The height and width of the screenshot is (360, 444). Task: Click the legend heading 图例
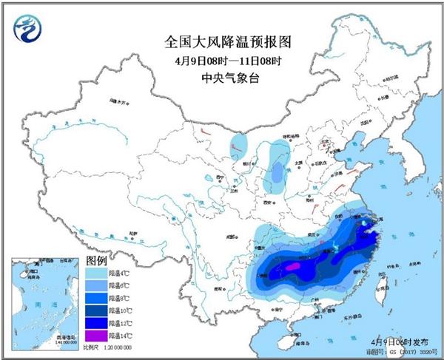[97, 260]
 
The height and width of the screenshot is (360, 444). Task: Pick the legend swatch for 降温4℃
[98, 274]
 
